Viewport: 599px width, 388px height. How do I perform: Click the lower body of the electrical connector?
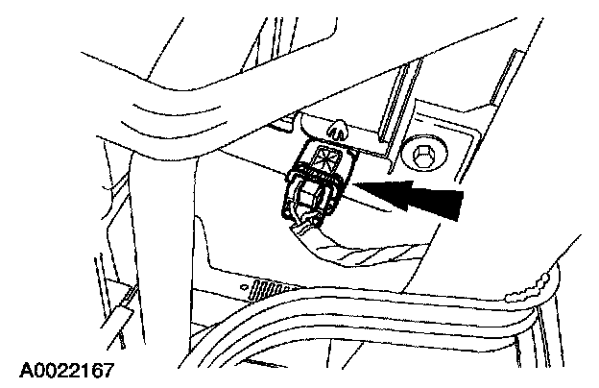(307, 201)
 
